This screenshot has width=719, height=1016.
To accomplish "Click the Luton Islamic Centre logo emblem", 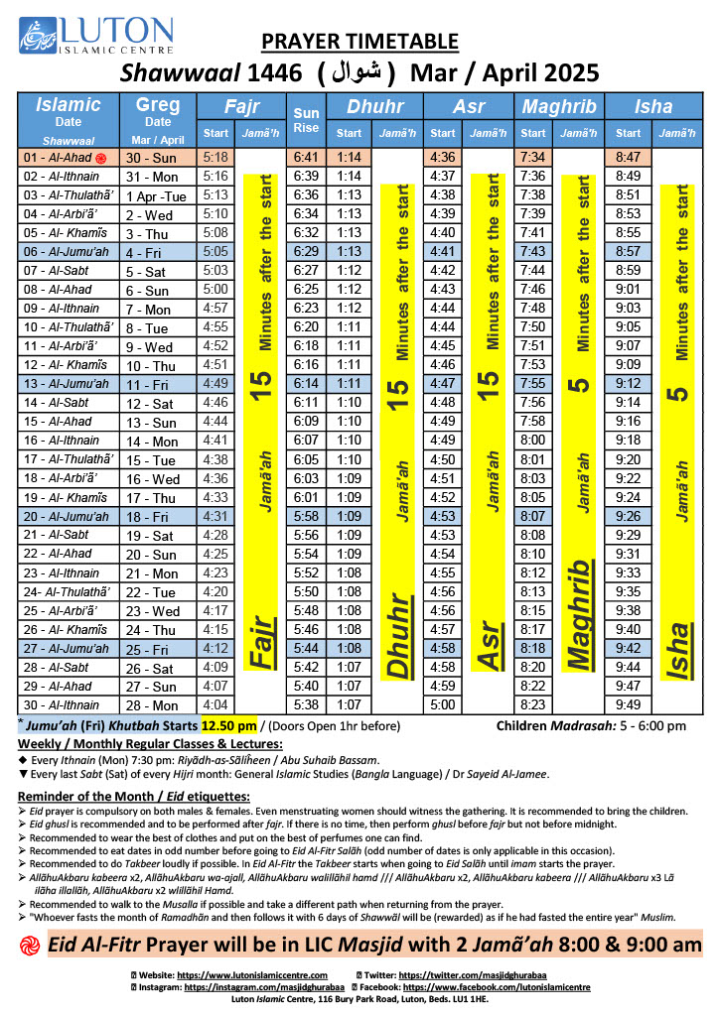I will (x=36, y=36).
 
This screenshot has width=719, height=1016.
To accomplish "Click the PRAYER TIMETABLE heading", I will (x=359, y=41).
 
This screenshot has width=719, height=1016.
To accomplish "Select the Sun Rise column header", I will (x=306, y=119).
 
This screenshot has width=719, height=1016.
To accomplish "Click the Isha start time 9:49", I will (x=628, y=704).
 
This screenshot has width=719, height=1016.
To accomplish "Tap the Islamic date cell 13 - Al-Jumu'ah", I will (x=67, y=383).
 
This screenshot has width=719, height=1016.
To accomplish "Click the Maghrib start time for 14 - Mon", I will (x=533, y=440).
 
